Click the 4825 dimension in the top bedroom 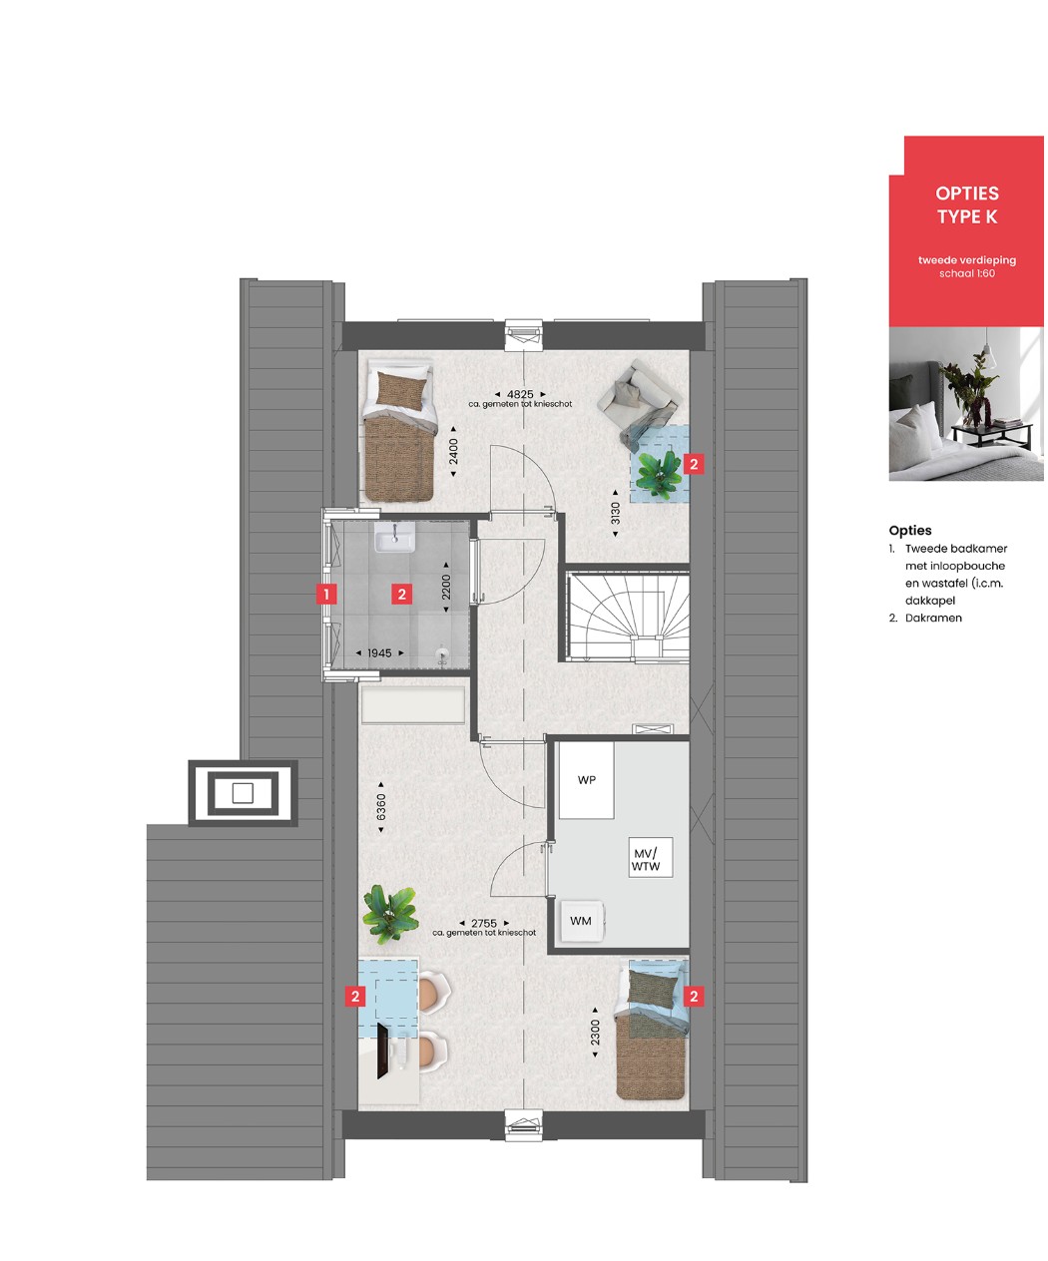(x=520, y=394)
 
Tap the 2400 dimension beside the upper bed (x=453, y=452)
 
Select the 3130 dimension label (x=615, y=514)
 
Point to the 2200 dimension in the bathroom (x=446, y=587)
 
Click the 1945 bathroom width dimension (x=379, y=652)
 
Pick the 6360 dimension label (x=380, y=807)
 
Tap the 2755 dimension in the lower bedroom (x=484, y=923)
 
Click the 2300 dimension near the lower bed (x=595, y=1033)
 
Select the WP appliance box (x=586, y=780)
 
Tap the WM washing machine (x=582, y=921)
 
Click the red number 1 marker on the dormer (x=326, y=595)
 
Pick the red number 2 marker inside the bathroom (x=402, y=595)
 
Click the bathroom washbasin (x=394, y=537)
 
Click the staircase (x=629, y=612)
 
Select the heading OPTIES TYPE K (x=967, y=205)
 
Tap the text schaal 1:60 (x=967, y=273)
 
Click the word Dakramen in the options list (x=933, y=618)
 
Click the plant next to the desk (x=390, y=915)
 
